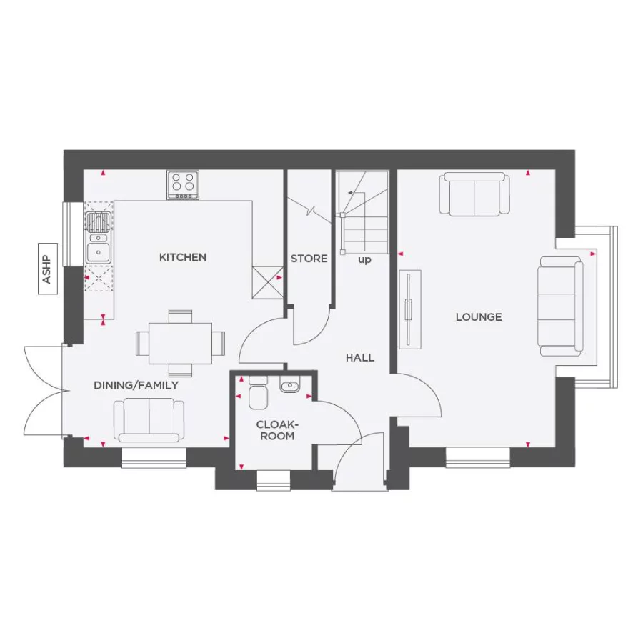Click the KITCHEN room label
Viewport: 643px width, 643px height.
pyautogui.click(x=183, y=257)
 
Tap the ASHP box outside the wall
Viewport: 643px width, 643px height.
pyautogui.click(x=47, y=270)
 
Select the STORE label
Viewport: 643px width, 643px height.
pyautogui.click(x=309, y=259)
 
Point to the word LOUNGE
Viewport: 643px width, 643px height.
pyautogui.click(x=479, y=317)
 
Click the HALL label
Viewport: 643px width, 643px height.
pyautogui.click(x=360, y=357)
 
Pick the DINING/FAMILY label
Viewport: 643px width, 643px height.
pyautogui.click(x=136, y=385)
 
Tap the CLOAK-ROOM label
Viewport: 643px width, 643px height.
pyautogui.click(x=276, y=430)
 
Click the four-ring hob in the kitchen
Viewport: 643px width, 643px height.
pyautogui.click(x=183, y=185)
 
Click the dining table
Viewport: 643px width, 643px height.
pyautogui.click(x=180, y=343)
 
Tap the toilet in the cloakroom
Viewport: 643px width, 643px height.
pyautogui.click(x=257, y=394)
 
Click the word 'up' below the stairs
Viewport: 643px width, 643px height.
pyautogui.click(x=364, y=260)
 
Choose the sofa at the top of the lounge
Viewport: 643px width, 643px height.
pyautogui.click(x=475, y=194)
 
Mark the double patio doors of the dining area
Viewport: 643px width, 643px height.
pyautogui.click(x=44, y=391)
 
